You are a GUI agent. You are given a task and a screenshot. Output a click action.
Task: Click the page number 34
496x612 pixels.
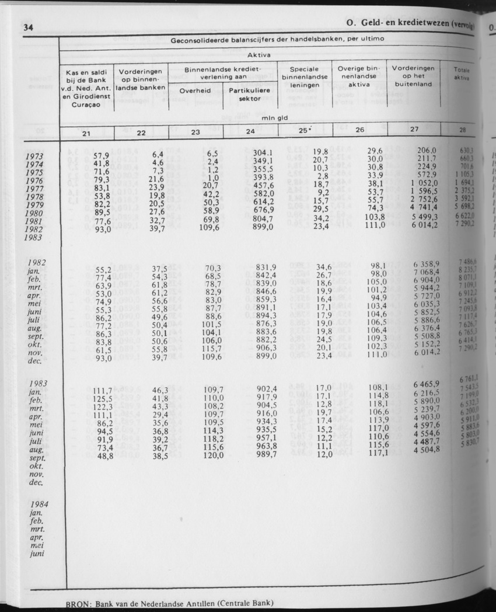27,27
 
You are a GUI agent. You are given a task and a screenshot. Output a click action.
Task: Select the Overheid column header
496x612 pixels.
195,91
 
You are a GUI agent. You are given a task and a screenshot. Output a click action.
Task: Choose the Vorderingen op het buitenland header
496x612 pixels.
413,76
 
